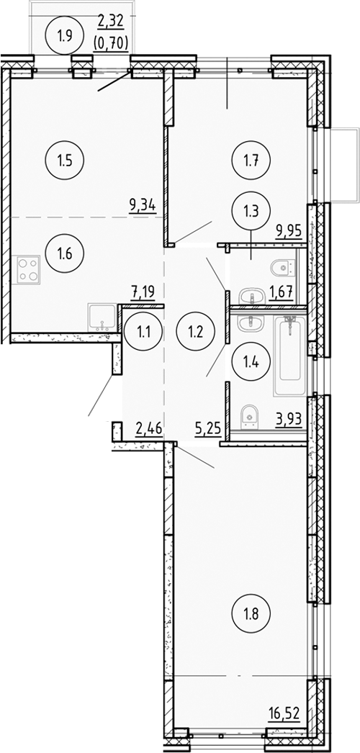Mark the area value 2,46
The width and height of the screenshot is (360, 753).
point(149,430)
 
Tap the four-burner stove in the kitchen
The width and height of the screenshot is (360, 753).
point(27,269)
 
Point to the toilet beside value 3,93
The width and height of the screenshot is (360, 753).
point(248,413)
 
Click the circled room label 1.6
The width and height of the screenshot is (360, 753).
point(60,253)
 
